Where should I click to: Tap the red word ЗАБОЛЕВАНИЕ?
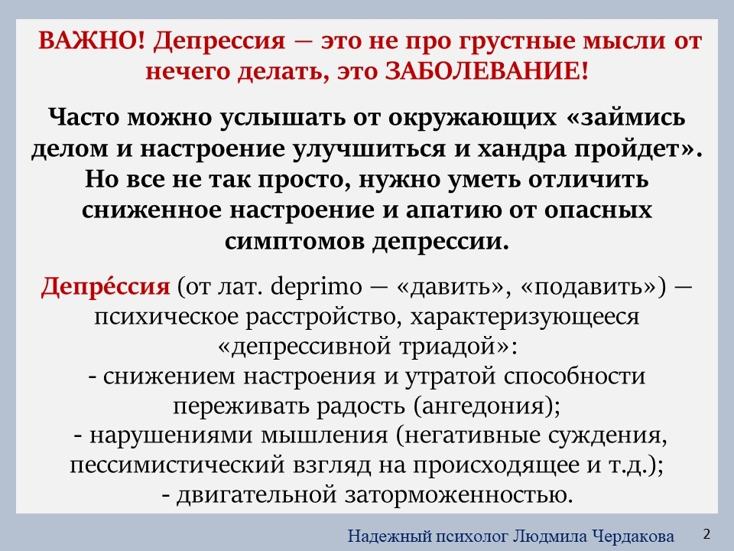pos(488,71)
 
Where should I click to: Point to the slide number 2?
pos(706,533)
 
